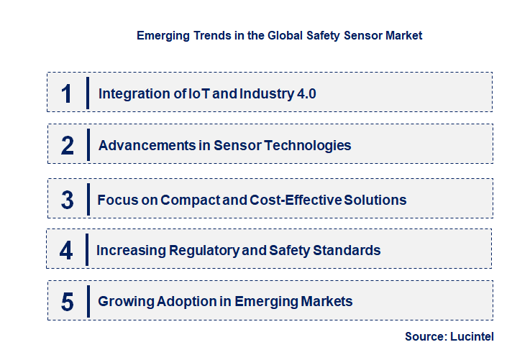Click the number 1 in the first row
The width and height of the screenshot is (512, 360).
[x=67, y=93]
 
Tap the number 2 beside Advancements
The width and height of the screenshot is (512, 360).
[x=68, y=146]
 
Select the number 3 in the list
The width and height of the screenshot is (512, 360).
[x=68, y=200]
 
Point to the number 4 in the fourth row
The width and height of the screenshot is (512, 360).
[x=67, y=251]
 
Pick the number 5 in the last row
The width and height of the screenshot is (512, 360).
[x=68, y=302]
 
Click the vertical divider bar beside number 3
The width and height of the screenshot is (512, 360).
[x=87, y=200]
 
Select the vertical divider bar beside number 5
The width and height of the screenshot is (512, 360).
[x=87, y=301]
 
